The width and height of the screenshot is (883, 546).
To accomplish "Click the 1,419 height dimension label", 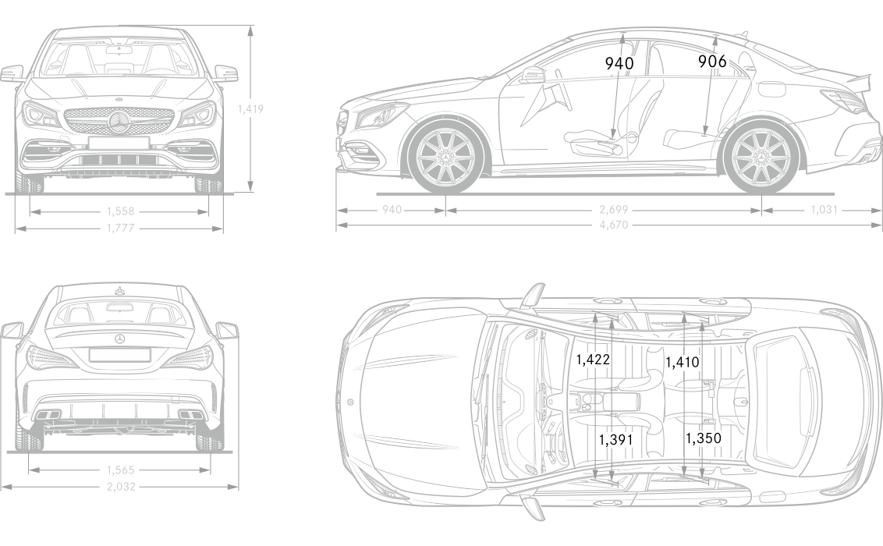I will pyautogui.click(x=250, y=109).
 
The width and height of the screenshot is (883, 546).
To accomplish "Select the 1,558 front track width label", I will pyautogui.click(x=119, y=211).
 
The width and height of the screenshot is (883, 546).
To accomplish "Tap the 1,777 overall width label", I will pyautogui.click(x=119, y=228).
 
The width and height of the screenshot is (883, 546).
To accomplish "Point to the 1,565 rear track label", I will pyautogui.click(x=119, y=470).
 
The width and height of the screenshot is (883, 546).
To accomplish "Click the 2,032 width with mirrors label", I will pyautogui.click(x=119, y=487).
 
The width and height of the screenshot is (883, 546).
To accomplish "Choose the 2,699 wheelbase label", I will pyautogui.click(x=614, y=210).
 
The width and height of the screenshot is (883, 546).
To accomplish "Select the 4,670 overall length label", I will pyautogui.click(x=614, y=226).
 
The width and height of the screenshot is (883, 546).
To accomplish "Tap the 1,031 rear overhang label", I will pyautogui.click(x=824, y=210).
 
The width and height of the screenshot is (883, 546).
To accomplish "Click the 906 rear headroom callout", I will pyautogui.click(x=711, y=62).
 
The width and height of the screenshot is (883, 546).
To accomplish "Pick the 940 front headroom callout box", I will pyautogui.click(x=618, y=63).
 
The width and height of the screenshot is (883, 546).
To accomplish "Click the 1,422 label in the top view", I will pyautogui.click(x=594, y=360).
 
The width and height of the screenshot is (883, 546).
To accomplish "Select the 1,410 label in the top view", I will pyautogui.click(x=683, y=362).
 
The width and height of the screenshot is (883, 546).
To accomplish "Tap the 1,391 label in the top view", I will pyautogui.click(x=615, y=440).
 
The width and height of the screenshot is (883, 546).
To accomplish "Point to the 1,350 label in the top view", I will pyautogui.click(x=703, y=439).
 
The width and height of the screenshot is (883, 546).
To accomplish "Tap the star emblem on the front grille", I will pyautogui.click(x=119, y=122).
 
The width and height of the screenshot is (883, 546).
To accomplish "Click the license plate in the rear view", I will pyautogui.click(x=119, y=355).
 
